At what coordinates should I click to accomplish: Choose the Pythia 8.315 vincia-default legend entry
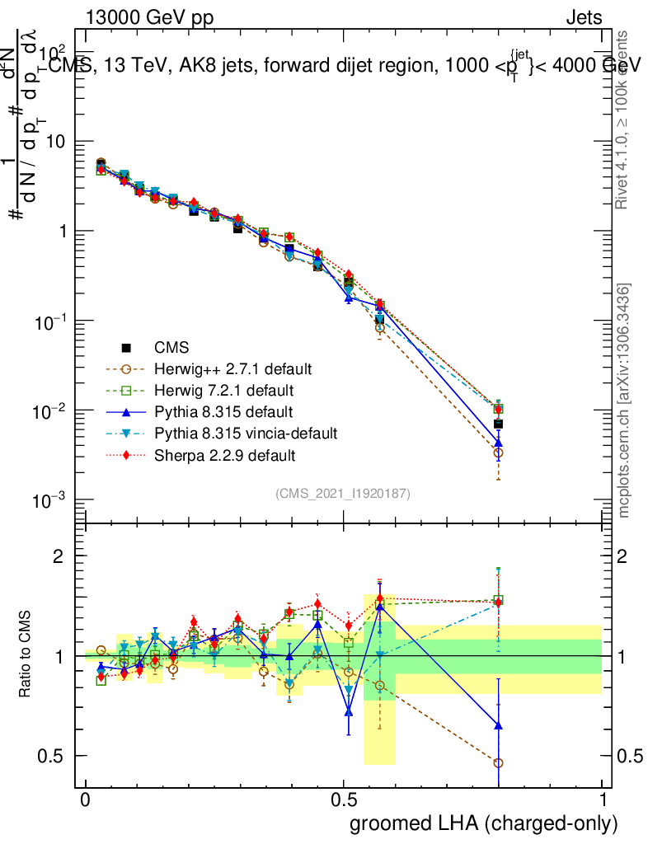[244, 433]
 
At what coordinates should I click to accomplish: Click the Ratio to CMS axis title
[26, 655]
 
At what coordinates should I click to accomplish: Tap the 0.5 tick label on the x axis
[344, 800]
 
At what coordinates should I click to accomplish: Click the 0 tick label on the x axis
[85, 800]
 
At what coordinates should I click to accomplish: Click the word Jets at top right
[583, 17]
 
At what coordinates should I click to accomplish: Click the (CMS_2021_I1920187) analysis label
[343, 493]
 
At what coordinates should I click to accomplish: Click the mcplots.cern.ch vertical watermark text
[624, 400]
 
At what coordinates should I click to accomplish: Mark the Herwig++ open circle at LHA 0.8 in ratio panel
[498, 763]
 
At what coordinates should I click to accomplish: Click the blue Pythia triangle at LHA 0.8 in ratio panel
[498, 725]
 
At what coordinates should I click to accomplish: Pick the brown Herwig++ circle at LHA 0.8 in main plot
[498, 452]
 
